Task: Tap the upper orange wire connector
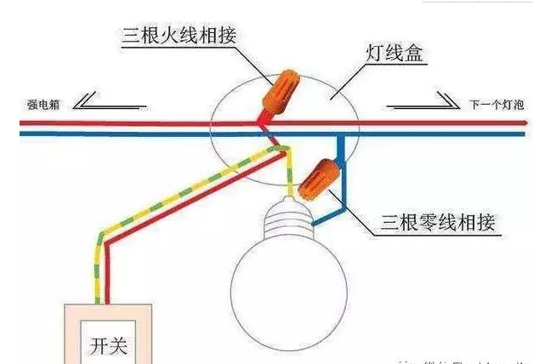(280, 88)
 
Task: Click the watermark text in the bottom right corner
(468, 359)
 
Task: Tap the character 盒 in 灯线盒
(412, 56)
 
